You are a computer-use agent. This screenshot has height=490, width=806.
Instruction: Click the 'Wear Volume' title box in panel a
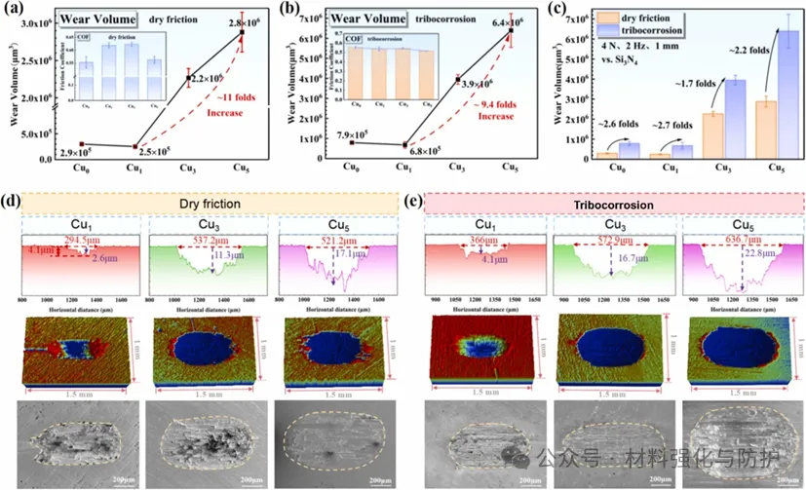[93, 17]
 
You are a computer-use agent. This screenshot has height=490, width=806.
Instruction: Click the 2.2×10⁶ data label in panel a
[208, 78]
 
